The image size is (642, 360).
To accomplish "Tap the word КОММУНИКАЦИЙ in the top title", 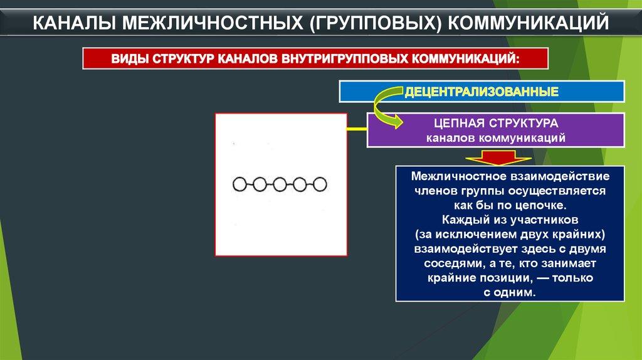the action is coord(528,23).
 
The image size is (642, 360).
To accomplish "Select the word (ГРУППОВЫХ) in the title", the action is coord(375,23).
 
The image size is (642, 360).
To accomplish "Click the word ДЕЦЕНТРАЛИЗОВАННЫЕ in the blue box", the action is coord(481,92).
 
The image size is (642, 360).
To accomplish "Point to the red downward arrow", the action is coord(498,158).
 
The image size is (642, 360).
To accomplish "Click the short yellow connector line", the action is coord(357,129).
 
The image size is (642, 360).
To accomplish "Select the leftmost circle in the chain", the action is coord(239,185).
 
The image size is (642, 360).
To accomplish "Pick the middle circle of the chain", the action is coord(280,185).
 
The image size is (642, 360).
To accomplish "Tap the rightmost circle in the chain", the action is coord(320,185).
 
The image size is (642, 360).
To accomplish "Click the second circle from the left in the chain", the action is coord(260,185).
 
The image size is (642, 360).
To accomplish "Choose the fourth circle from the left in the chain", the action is coord(300,185).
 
